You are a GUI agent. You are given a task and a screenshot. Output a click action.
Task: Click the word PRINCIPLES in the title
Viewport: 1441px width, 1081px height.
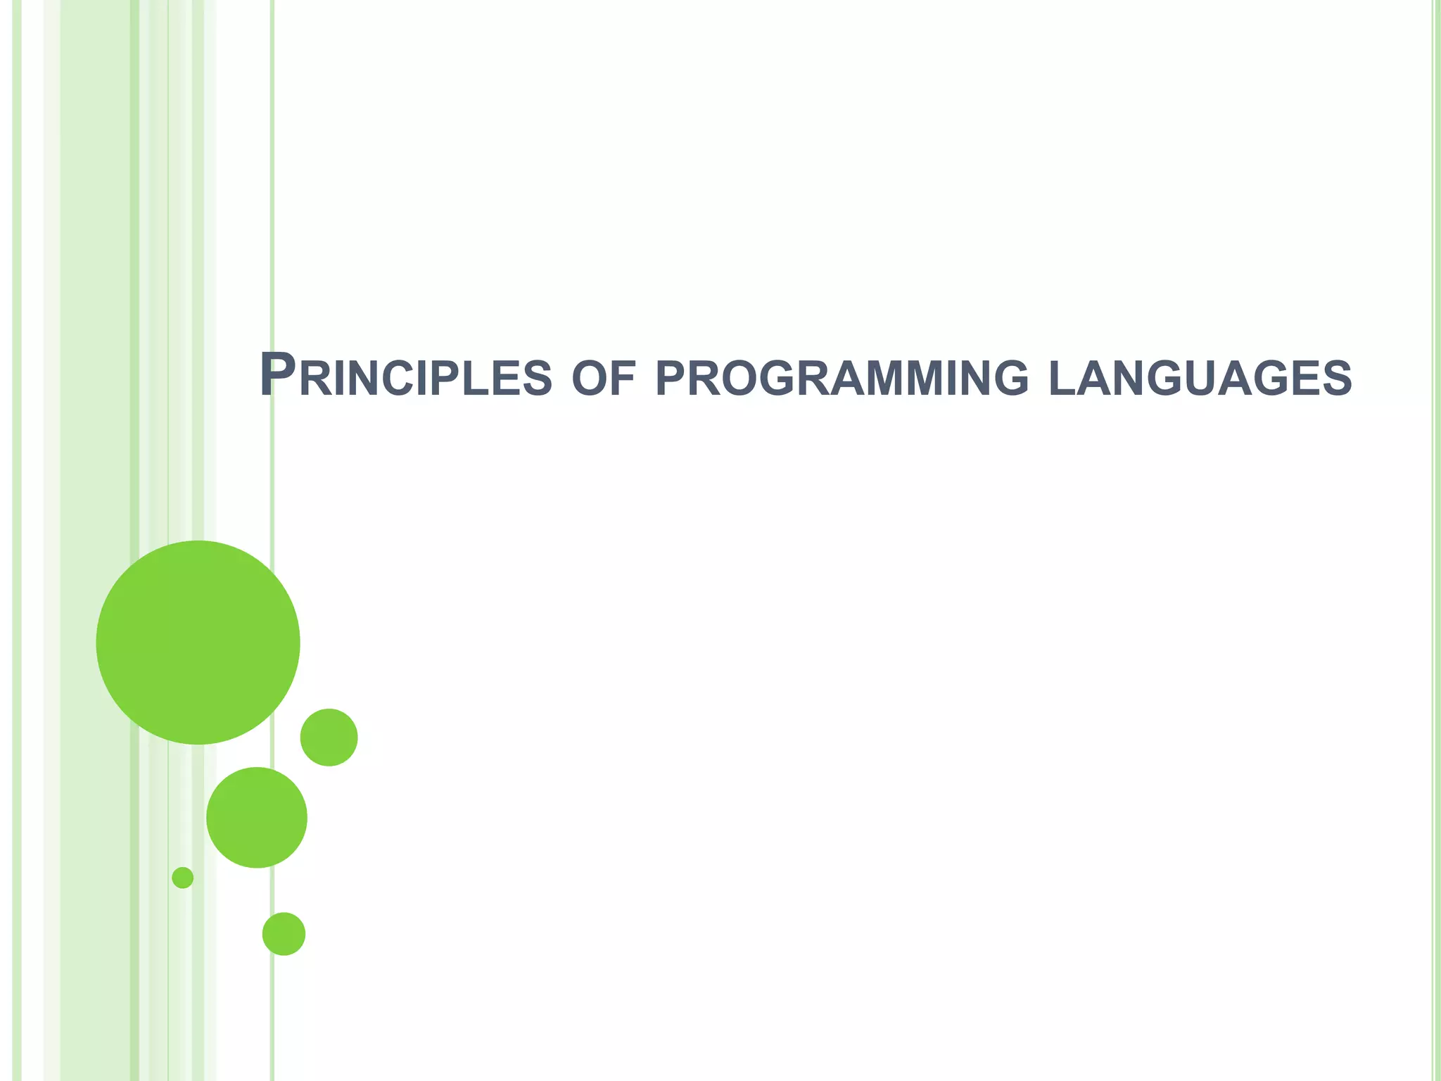pyautogui.click(x=405, y=377)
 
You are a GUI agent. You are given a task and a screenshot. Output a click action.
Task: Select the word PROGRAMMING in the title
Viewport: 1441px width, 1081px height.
pyautogui.click(x=842, y=379)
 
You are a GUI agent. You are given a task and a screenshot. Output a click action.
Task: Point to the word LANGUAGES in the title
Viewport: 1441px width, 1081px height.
pyautogui.click(x=1200, y=379)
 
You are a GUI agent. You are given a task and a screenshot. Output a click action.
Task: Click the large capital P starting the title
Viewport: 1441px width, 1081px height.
pyautogui.click(x=277, y=374)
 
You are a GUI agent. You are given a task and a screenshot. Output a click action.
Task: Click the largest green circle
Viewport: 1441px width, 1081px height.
pyautogui.click(x=198, y=642)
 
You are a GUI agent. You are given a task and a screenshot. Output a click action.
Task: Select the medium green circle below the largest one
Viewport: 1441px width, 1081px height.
pyautogui.click(x=257, y=817)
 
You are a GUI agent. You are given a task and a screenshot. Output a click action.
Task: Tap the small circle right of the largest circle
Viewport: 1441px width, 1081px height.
pyautogui.click(x=329, y=737)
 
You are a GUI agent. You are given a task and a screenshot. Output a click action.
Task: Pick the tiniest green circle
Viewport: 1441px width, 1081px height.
pyautogui.click(x=182, y=877)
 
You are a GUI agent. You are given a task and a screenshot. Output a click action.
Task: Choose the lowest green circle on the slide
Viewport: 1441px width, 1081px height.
pyautogui.click(x=284, y=933)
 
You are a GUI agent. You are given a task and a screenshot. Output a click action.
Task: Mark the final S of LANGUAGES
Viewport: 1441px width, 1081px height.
pyautogui.click(x=1337, y=379)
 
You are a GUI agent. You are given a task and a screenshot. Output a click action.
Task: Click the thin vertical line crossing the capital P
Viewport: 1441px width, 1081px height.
pyautogui.click(x=272, y=211)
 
